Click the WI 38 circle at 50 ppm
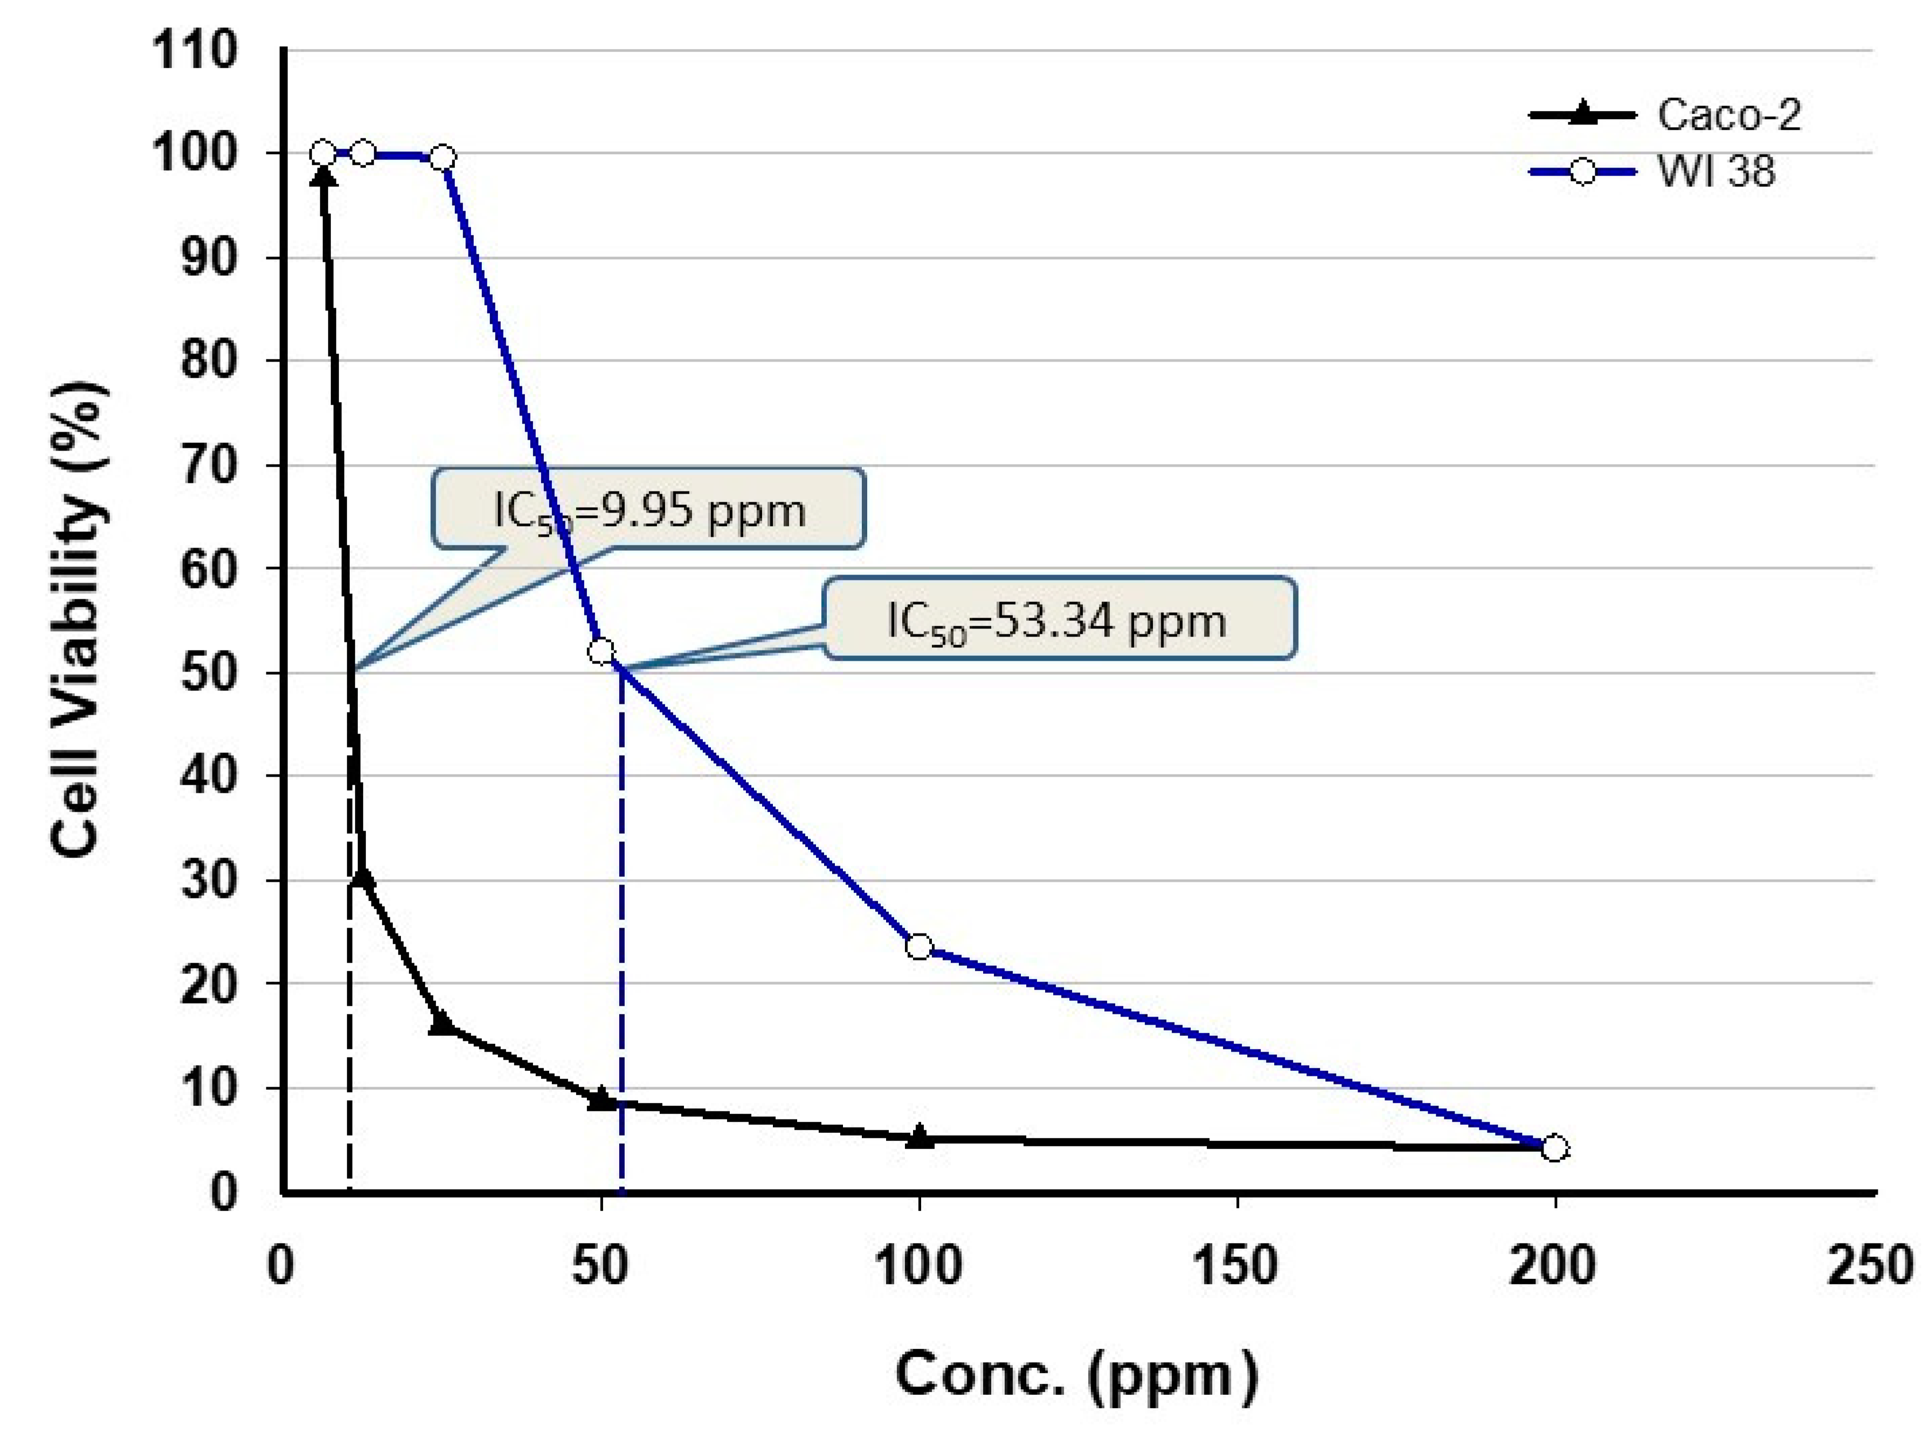(x=601, y=651)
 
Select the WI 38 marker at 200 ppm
(x=1555, y=1147)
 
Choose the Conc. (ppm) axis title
(x=1076, y=1375)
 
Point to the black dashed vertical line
(x=349, y=1040)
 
